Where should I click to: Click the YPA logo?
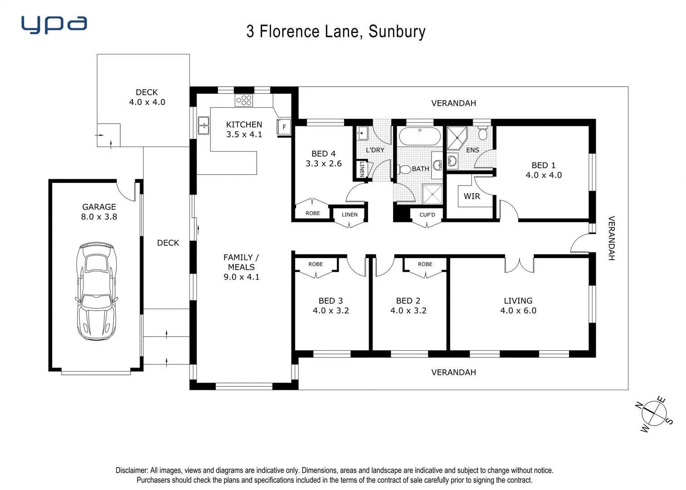(54, 25)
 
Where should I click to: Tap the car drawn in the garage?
(97, 291)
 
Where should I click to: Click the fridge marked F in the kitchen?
(284, 127)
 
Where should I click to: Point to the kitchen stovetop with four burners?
(243, 100)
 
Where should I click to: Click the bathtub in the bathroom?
(419, 136)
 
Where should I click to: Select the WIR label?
(472, 196)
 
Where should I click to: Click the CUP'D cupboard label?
(427, 215)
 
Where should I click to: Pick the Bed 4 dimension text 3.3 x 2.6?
(323, 164)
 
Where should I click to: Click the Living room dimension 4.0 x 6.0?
(518, 311)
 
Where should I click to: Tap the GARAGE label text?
(99, 207)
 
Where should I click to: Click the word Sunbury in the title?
(397, 32)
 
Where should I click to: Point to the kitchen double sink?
(204, 126)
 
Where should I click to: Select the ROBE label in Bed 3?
(316, 264)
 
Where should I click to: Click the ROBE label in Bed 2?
(425, 264)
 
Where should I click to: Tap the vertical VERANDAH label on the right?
(611, 238)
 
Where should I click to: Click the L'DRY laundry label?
(375, 150)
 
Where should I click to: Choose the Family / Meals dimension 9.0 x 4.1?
(241, 277)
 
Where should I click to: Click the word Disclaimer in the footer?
(131, 470)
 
